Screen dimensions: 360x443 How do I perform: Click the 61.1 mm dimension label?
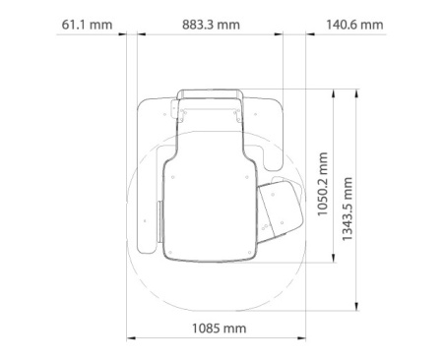pos(86,24)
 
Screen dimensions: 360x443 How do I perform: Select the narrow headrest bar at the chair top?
pos(209,93)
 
